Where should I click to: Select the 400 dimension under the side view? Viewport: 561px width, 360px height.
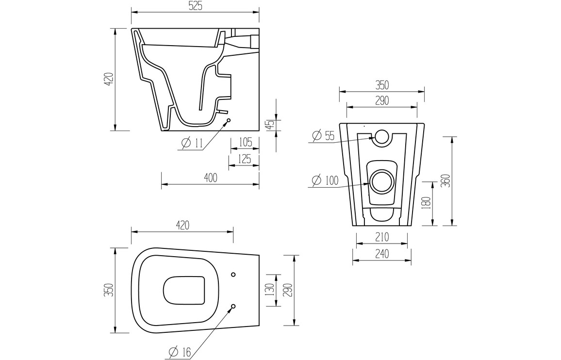210,178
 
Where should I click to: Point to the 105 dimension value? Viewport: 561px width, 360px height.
245,142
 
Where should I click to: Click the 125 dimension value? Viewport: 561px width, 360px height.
245,159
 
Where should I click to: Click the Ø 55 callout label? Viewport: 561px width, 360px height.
324,136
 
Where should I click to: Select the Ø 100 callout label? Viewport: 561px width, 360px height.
325,180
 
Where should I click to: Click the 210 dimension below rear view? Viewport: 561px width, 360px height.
382,237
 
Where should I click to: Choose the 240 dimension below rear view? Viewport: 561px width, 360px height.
382,254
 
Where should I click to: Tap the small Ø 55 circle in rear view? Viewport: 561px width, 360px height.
381,137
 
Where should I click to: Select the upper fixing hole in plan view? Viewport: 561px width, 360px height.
233,275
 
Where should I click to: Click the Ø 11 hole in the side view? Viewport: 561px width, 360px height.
229,120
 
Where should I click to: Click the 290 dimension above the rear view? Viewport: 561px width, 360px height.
382,100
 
